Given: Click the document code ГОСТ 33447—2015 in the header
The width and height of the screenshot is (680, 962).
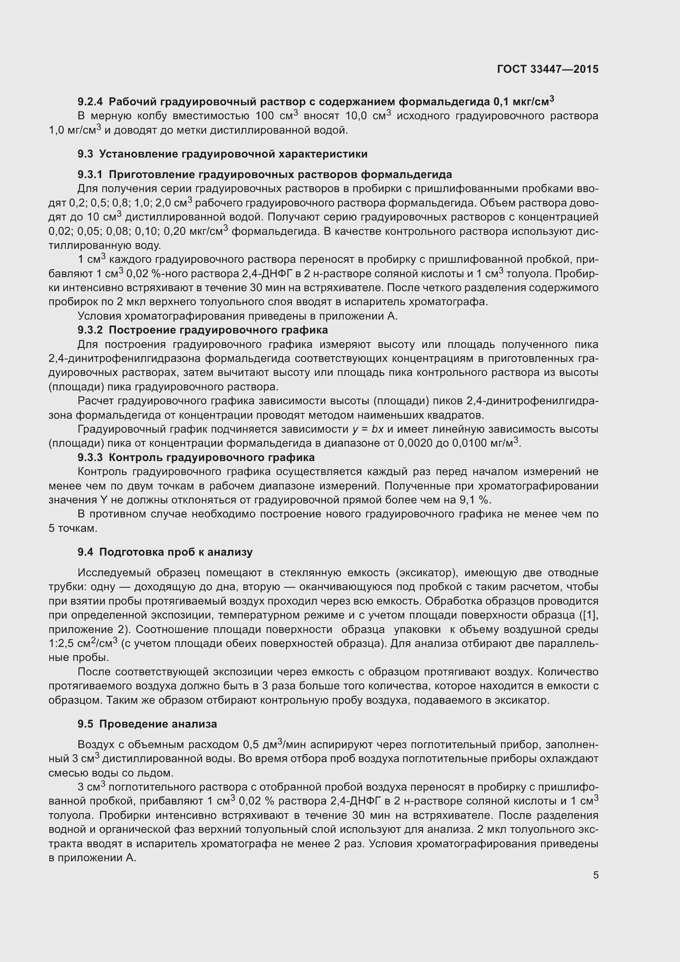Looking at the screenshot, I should click(x=548, y=69).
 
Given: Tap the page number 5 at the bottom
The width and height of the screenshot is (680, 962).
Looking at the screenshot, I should click(x=595, y=875).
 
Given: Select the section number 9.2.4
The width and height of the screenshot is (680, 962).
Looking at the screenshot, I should click(x=90, y=102).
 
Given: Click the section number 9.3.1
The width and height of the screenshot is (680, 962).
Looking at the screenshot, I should click(x=90, y=174).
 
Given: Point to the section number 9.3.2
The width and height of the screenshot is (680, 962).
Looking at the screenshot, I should click(x=90, y=330).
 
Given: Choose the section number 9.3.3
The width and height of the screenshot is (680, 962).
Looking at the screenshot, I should click(x=90, y=457).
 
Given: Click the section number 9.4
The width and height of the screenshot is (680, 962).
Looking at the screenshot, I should click(x=85, y=552).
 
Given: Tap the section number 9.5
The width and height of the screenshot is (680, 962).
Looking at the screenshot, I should click(x=85, y=724).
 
